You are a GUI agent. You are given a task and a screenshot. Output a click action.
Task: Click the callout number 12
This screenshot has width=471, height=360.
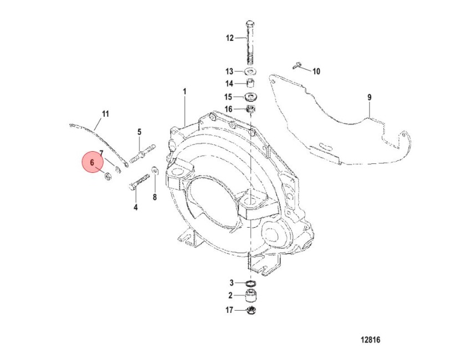tap(229, 38)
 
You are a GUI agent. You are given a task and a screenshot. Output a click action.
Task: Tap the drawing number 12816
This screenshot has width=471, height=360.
tap(370, 340)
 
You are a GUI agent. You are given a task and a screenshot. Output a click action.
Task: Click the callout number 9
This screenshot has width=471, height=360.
tap(370, 97)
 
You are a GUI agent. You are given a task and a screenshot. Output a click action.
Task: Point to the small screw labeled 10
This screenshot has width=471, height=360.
tap(297, 65)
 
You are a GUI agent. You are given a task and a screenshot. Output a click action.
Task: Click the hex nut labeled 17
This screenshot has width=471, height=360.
tap(251, 311)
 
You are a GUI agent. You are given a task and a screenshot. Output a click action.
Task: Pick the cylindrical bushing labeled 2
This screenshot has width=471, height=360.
tap(251, 296)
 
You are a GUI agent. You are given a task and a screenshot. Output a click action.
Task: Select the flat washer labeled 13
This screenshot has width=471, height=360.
tap(249, 71)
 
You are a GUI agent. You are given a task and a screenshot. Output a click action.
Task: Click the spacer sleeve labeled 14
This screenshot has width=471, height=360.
tap(250, 83)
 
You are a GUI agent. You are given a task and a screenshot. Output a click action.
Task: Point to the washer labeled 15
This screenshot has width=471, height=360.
tap(250, 97)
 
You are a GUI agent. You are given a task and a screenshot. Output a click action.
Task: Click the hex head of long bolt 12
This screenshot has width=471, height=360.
tap(250, 24)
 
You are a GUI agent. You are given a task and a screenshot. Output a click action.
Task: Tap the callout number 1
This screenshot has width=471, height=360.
tap(185, 91)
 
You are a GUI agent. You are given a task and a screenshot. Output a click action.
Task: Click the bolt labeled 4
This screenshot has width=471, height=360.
tap(139, 183)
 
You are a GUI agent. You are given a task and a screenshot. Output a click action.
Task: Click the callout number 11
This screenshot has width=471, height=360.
tap(105, 114)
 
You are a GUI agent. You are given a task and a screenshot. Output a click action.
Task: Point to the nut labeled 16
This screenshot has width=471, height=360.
tap(250, 109)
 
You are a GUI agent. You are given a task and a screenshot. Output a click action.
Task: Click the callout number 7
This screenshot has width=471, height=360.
tap(101, 153)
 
